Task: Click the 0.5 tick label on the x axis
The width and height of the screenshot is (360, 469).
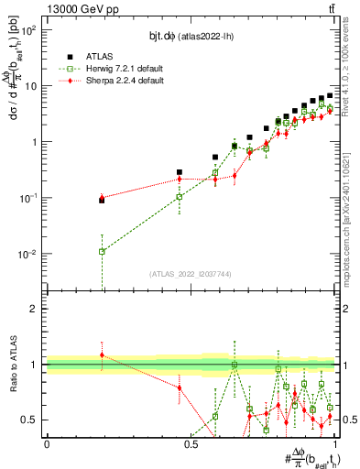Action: pyautogui.click(x=191, y=443)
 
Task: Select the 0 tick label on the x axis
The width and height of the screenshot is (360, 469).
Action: pyautogui.click(x=47, y=443)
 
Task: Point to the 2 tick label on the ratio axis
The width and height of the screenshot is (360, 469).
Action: pyautogui.click(x=34, y=309)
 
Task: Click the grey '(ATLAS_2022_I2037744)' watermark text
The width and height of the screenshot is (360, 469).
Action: pyautogui.click(x=191, y=274)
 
